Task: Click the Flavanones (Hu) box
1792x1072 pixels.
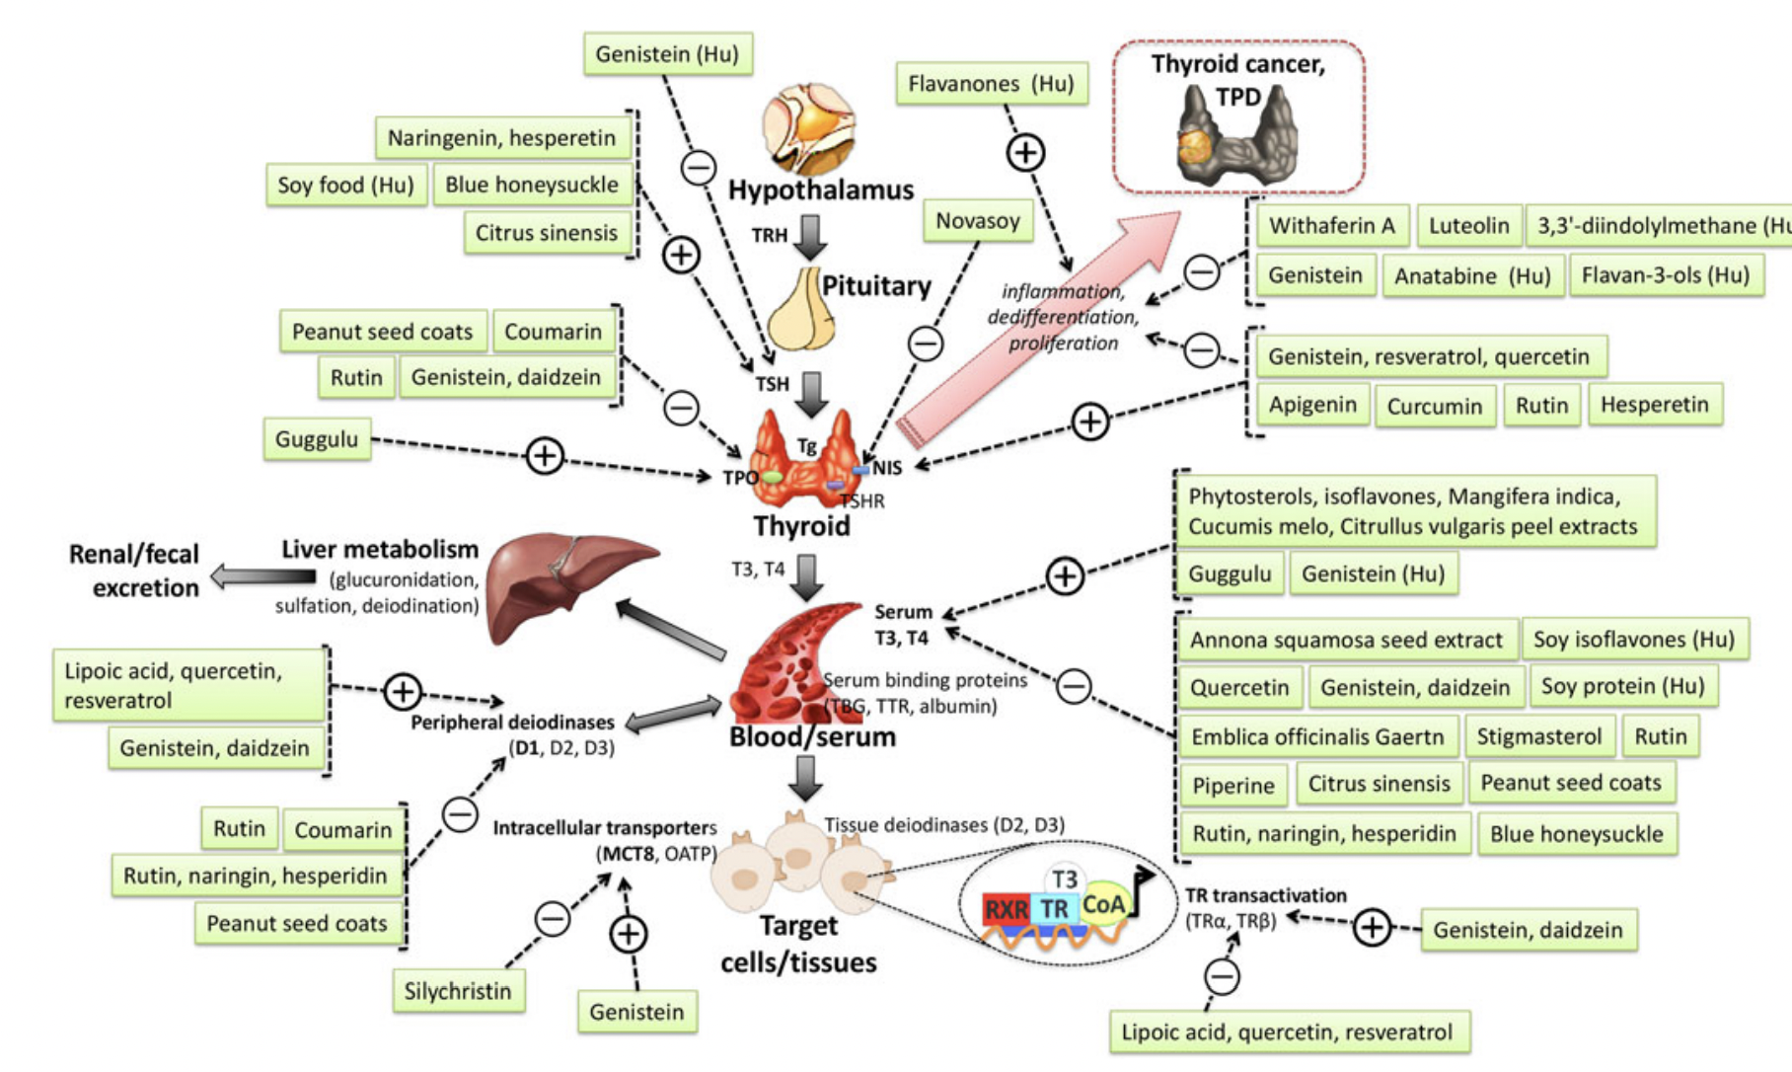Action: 991,84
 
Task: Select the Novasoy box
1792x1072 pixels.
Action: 977,220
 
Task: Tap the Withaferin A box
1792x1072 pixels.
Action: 1331,226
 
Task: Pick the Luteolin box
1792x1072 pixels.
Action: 1468,226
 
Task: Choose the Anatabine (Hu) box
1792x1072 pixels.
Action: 1471,276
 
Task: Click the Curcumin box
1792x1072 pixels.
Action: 1434,407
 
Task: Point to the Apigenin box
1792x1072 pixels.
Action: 1312,405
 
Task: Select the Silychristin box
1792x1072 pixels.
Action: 458,991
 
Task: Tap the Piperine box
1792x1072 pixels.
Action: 1233,786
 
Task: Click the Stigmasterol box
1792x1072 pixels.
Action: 1538,736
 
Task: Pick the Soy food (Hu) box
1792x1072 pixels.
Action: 345,186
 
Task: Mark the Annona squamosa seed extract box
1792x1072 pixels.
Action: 1345,641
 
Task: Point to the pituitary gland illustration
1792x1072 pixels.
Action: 801,308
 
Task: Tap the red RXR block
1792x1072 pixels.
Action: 1006,909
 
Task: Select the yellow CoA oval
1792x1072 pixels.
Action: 1103,904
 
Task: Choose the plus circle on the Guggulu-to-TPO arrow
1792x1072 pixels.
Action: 545,455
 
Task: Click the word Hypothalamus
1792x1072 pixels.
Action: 821,190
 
